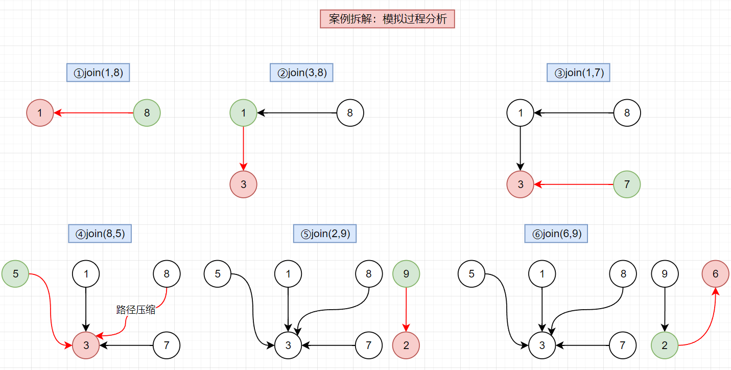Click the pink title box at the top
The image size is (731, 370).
coord(387,19)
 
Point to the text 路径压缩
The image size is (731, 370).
coord(136,310)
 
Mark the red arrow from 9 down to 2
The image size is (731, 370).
coord(406,309)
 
